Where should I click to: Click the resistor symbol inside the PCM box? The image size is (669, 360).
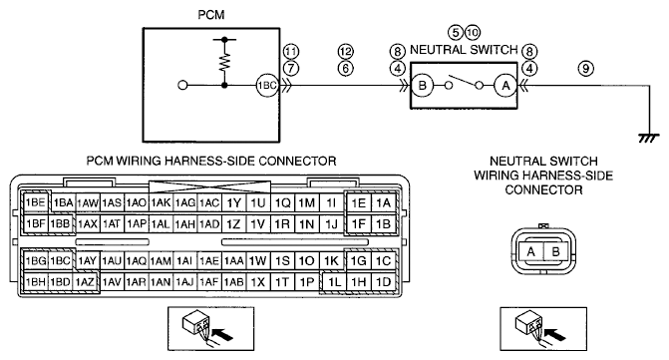(x=224, y=61)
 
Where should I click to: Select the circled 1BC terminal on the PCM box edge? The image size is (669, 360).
(x=266, y=86)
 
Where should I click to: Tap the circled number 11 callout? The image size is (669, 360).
(x=291, y=52)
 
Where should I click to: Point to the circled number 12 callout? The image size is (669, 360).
(x=346, y=52)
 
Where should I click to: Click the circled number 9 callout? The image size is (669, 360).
(x=586, y=68)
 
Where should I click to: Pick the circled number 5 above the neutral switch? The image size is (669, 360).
(x=456, y=33)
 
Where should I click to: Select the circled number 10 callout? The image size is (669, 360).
(x=473, y=33)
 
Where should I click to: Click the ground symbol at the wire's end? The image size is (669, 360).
(x=649, y=138)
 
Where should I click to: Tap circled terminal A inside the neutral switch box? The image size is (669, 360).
(x=505, y=86)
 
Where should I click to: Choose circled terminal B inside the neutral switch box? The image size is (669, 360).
(x=422, y=86)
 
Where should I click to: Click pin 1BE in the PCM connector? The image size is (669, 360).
(x=36, y=202)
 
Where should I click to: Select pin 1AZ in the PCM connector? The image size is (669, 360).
(x=85, y=282)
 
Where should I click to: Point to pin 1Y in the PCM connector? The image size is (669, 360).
(x=233, y=203)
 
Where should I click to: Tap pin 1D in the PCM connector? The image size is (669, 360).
(x=383, y=282)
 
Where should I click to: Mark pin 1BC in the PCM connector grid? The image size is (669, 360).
(x=60, y=260)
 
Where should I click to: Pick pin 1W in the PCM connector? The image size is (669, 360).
(x=257, y=260)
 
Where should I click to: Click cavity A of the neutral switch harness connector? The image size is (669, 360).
(x=530, y=251)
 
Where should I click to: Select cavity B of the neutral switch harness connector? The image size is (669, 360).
(x=555, y=251)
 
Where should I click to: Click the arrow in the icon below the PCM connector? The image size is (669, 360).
(x=222, y=333)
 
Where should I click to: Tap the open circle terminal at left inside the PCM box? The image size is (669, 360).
(x=182, y=86)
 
